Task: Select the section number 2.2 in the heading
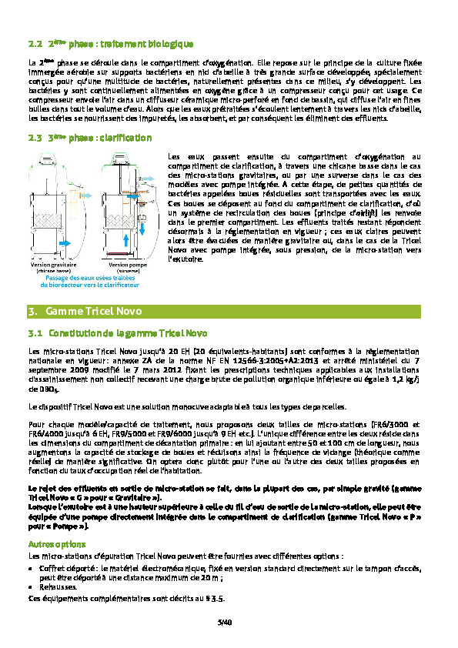[34, 45]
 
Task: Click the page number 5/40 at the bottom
[225, 620]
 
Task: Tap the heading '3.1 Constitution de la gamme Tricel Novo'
[116, 334]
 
